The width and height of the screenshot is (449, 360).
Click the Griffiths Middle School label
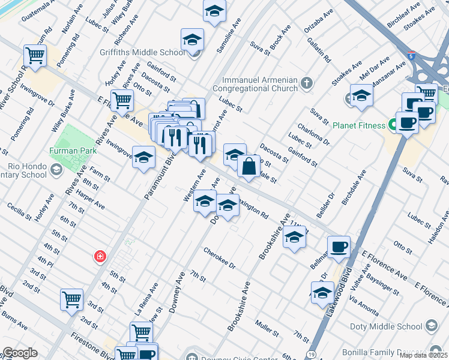(x=148, y=52)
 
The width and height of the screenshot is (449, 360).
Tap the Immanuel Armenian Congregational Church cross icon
(x=307, y=82)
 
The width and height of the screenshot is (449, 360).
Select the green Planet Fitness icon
(x=394, y=125)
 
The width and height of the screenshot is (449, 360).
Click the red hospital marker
(x=100, y=257)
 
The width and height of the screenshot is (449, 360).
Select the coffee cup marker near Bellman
(x=339, y=247)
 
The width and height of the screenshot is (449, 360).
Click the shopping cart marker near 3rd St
(x=72, y=298)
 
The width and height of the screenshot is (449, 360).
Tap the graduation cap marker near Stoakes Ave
(x=361, y=95)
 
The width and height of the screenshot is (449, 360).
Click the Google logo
(x=20, y=353)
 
